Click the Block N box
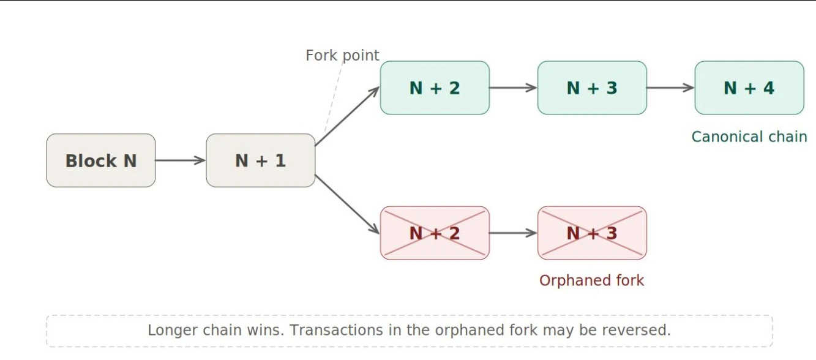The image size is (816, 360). (101, 160)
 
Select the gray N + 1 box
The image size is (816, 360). (260, 160)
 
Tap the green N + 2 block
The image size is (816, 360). (435, 88)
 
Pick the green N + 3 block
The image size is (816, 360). (592, 88)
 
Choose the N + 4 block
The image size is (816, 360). (749, 88)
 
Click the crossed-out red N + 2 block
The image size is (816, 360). (435, 233)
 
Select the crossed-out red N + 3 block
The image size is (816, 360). (592, 233)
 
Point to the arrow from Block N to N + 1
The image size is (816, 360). (181, 160)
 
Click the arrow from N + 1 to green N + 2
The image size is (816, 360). (348, 116)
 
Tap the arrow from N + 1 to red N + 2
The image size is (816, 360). (348, 204)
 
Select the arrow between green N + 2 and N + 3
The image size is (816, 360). (513, 88)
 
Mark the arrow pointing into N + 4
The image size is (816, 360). (671, 88)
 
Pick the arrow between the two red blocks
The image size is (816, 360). (513, 233)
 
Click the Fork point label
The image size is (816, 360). (342, 55)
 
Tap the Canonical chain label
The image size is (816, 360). (749, 137)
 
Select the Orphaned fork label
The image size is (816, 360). (591, 280)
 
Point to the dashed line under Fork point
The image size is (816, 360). (334, 97)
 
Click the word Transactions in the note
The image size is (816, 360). (336, 330)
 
